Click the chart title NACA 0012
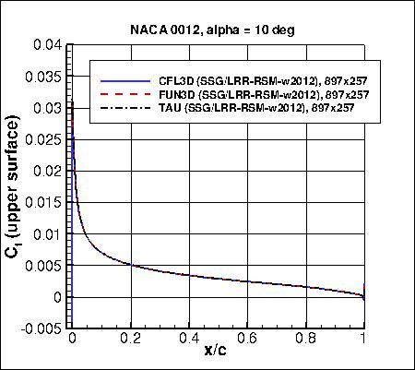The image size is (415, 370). (x=207, y=28)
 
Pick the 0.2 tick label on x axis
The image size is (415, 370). (x=130, y=339)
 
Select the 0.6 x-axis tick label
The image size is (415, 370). (x=247, y=339)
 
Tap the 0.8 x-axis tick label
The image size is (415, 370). (x=306, y=339)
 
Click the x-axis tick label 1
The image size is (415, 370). (x=364, y=339)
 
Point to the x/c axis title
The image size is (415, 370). (x=218, y=354)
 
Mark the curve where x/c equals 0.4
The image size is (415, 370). (x=189, y=273)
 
